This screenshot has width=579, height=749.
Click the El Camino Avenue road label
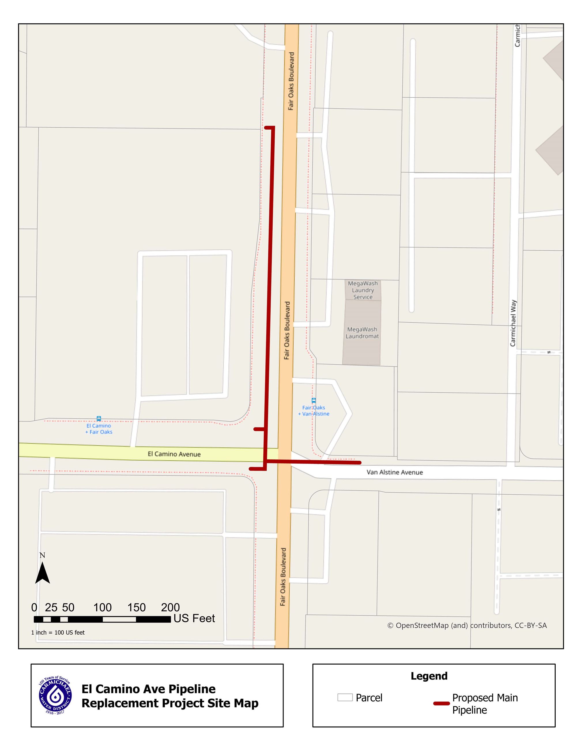[x=174, y=454]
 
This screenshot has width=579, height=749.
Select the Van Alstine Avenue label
[x=395, y=472]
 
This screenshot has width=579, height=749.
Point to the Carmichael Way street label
[x=513, y=323]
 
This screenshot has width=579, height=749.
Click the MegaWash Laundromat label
[x=362, y=333]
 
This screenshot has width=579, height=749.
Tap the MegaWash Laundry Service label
[x=363, y=290]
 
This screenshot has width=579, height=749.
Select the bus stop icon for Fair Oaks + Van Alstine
[x=314, y=400]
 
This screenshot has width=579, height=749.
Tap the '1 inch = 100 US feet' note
[x=58, y=632]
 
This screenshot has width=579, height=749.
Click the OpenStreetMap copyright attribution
[x=467, y=625]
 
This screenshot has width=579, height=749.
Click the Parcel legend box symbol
[x=345, y=697]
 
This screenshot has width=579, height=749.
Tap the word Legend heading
[x=429, y=676]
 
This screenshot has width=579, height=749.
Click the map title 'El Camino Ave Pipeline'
[x=148, y=689]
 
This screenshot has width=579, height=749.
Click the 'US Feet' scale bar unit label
[x=194, y=618]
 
